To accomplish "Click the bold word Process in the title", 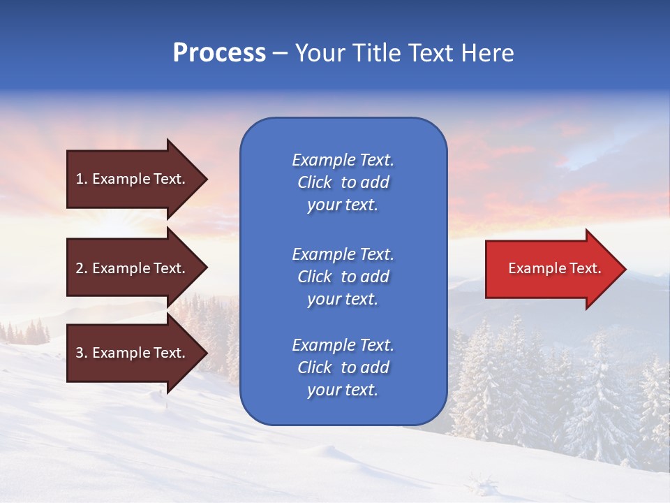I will [x=219, y=53].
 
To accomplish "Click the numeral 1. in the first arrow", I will [x=82, y=179].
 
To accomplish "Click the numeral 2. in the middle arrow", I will [x=82, y=268].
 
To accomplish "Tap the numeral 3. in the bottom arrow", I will [x=82, y=353].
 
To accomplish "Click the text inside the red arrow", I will [x=554, y=268].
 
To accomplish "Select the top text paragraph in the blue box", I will [x=343, y=182].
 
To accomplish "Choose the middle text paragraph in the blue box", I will [x=343, y=277].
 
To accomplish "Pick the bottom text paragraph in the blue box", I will [x=343, y=367].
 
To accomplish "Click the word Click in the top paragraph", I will [x=314, y=182].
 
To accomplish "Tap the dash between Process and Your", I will [x=280, y=54].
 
